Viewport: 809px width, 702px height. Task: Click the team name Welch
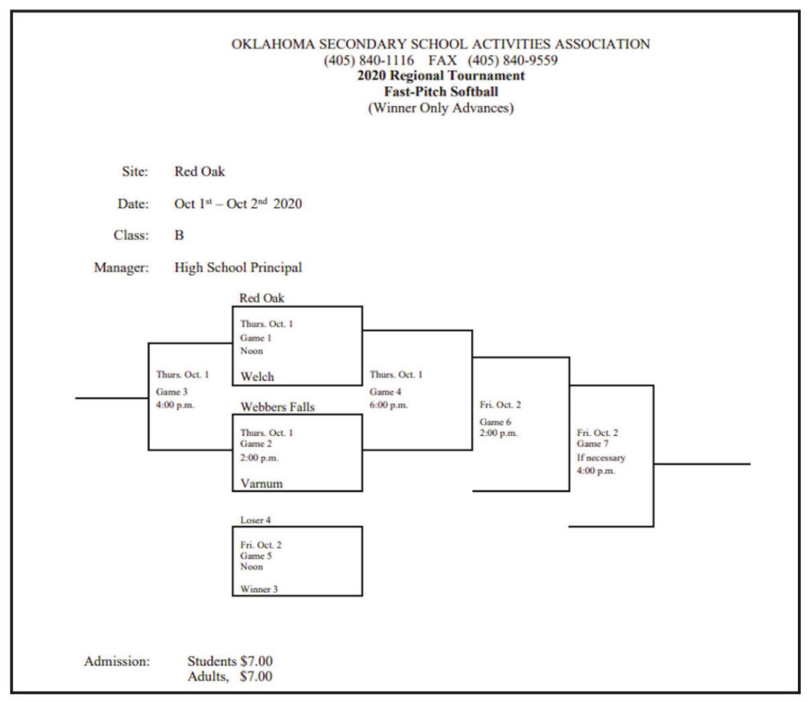coord(257,377)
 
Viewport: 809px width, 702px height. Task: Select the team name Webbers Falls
coord(277,407)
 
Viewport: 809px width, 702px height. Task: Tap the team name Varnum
coord(262,484)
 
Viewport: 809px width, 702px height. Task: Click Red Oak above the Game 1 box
coord(262,298)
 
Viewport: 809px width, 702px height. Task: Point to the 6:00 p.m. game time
coord(389,405)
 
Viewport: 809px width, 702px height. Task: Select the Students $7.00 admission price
coord(230,662)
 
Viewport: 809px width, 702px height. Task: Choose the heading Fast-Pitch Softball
coord(441,91)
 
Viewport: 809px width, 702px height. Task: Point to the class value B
coord(179,235)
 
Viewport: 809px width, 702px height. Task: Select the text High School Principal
coord(238,268)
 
